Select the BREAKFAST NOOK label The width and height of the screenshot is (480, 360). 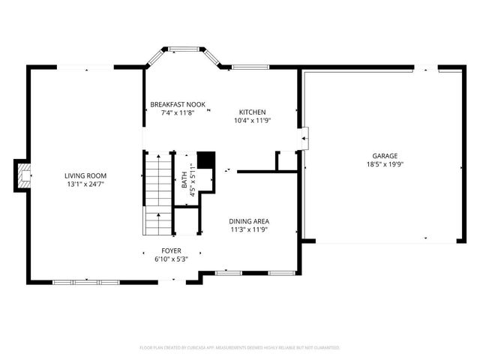pyautogui.click(x=178, y=104)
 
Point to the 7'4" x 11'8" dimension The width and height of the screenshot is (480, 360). pyautogui.click(x=178, y=112)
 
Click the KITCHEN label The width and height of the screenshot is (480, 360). pyautogui.click(x=252, y=112)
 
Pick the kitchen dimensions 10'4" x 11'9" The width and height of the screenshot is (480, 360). pyautogui.click(x=252, y=120)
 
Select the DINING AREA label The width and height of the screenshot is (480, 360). pyautogui.click(x=250, y=221)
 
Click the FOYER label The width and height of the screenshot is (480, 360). pyautogui.click(x=171, y=250)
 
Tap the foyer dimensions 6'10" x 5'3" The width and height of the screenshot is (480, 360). pyautogui.click(x=171, y=259)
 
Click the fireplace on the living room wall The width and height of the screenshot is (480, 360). pyautogui.click(x=24, y=175)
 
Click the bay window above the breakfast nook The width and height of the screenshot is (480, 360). pyautogui.click(x=181, y=50)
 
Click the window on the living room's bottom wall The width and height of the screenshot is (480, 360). pyautogui.click(x=75, y=282)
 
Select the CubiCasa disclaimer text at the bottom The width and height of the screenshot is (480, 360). pyautogui.click(x=240, y=348)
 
